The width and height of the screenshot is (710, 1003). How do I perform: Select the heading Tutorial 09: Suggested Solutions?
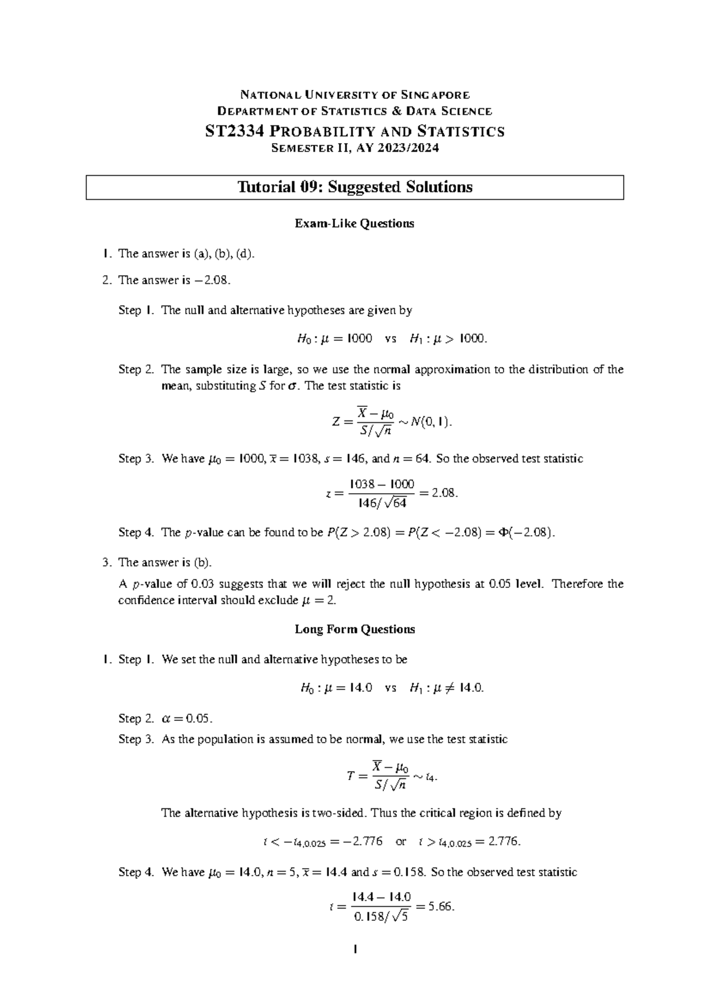coord(355,187)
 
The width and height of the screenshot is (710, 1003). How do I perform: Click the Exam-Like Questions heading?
coord(354,224)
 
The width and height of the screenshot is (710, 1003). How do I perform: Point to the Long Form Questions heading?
coord(354,629)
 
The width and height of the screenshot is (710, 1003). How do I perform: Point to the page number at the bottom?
coord(354,950)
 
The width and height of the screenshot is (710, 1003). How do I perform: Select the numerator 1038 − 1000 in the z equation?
coord(382,484)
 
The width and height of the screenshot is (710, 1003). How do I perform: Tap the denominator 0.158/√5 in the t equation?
coord(380,917)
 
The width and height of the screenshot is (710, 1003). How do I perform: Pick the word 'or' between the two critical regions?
coord(401,841)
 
